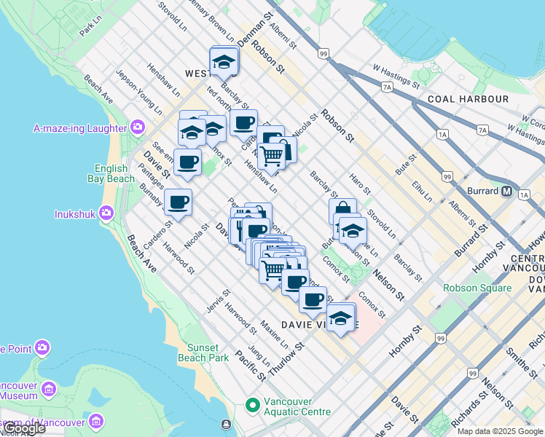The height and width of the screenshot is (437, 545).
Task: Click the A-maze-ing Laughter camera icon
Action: click(x=138, y=128)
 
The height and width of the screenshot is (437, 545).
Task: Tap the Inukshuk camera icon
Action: click(x=106, y=213)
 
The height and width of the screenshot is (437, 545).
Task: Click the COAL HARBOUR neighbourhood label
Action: click(x=468, y=99)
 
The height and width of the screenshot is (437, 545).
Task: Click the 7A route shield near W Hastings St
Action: click(x=387, y=87)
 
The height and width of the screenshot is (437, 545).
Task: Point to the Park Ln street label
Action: click(x=90, y=28)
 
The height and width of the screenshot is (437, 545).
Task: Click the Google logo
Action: click(x=23, y=429)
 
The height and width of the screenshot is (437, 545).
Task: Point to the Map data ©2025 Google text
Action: click(x=500, y=431)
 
